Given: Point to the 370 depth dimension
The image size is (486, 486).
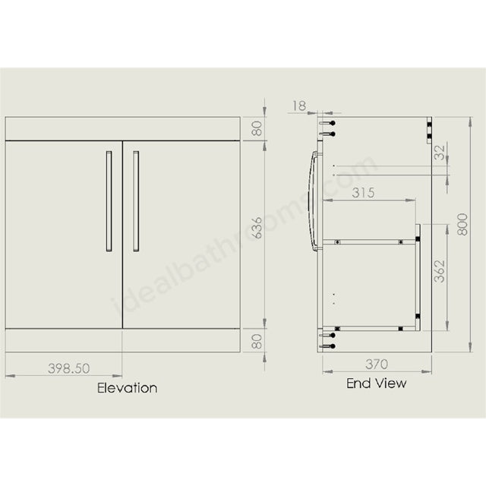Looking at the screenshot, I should (x=377, y=364).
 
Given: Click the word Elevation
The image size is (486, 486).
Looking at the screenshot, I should (x=127, y=388).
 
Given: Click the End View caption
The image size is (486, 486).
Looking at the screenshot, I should (x=377, y=383).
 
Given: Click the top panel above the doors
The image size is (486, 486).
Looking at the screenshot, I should (x=123, y=129).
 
